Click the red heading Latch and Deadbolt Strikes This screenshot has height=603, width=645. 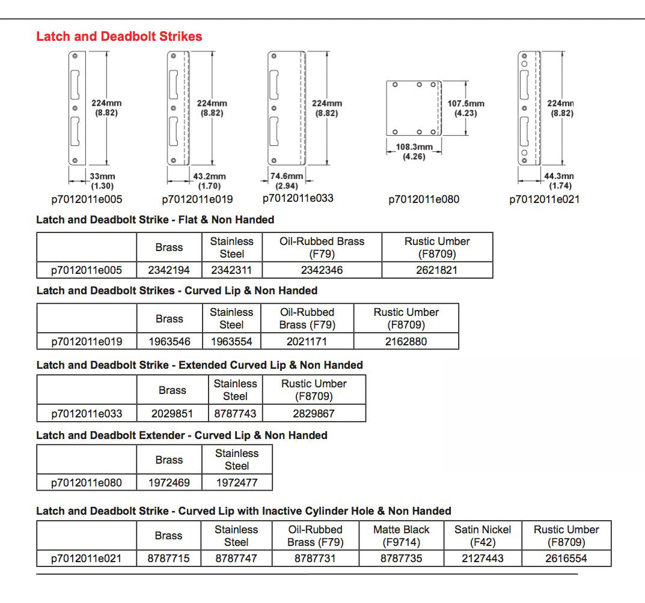coord(119,36)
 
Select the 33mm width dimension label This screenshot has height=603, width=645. coord(102,180)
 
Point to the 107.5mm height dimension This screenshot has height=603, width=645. coord(466,108)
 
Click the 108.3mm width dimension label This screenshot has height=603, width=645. coord(414,151)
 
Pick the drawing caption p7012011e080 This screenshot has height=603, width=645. coord(424,199)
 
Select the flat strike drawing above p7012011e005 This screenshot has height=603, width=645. coord(76,108)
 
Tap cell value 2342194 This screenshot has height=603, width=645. coord(169,270)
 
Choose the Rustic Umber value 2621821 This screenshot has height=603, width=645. coord(437,270)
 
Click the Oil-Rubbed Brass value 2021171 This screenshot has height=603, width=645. coord(307,341)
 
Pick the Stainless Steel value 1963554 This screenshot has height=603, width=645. coord(231,341)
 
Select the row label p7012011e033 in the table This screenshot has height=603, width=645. coord(87,413)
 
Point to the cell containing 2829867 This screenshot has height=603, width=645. coord(314,413)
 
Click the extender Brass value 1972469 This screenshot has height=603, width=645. coord(169,482)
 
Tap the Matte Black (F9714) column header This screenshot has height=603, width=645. coord(402,536)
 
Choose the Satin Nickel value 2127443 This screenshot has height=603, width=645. coord(483,559)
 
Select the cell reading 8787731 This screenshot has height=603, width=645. coord(315,559)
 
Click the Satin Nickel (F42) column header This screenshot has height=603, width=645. coord(483,536)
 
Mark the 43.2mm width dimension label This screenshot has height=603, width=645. coord(209,180)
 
